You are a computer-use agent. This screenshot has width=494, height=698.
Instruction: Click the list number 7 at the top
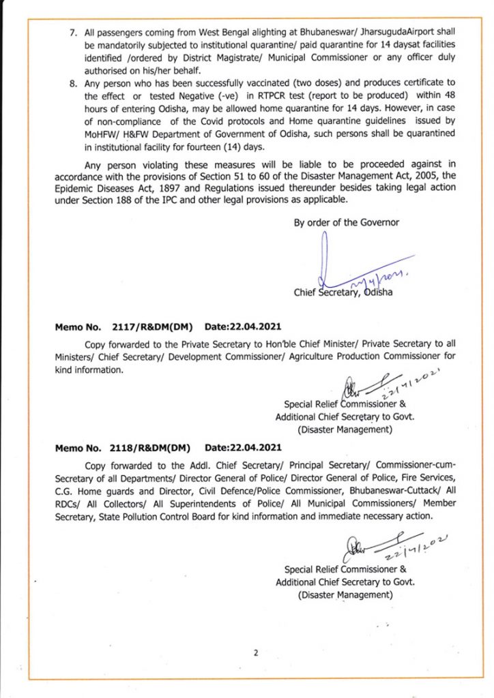click(x=75, y=33)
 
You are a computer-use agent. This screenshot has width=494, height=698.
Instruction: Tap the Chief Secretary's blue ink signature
click(x=355, y=269)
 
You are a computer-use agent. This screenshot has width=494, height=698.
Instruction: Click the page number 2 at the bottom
click(x=256, y=652)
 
